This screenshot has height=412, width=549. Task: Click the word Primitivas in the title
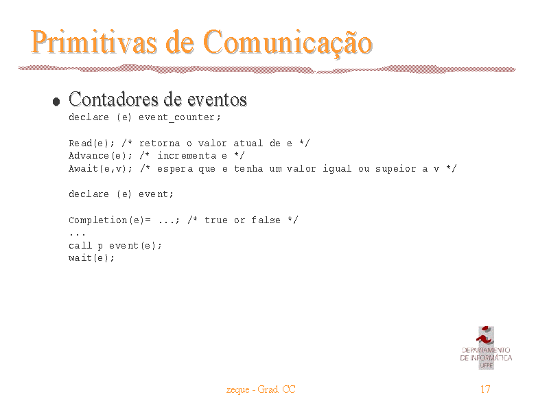(x=94, y=42)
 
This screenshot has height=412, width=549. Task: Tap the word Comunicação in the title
(x=288, y=44)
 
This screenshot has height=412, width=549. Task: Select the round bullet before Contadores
(x=56, y=102)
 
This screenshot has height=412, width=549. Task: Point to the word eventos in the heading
(x=217, y=100)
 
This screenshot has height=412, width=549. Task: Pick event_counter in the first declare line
(x=179, y=117)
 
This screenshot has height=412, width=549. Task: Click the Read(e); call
(x=91, y=144)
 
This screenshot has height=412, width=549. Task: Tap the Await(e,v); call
(x=100, y=168)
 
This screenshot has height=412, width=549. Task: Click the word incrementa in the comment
(x=187, y=156)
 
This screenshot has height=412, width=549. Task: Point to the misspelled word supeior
(x=396, y=169)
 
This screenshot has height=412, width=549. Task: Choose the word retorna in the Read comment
(x=160, y=144)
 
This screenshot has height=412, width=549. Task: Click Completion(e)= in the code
(x=110, y=220)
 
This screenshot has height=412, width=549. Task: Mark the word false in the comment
(x=266, y=220)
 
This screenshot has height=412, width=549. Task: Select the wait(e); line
(x=91, y=258)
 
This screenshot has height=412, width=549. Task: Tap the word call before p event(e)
(x=80, y=246)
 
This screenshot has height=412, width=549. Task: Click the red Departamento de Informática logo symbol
(x=486, y=336)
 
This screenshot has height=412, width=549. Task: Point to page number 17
(x=485, y=389)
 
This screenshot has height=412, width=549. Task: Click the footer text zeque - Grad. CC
(x=261, y=389)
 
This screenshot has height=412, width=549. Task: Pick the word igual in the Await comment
(x=337, y=169)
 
